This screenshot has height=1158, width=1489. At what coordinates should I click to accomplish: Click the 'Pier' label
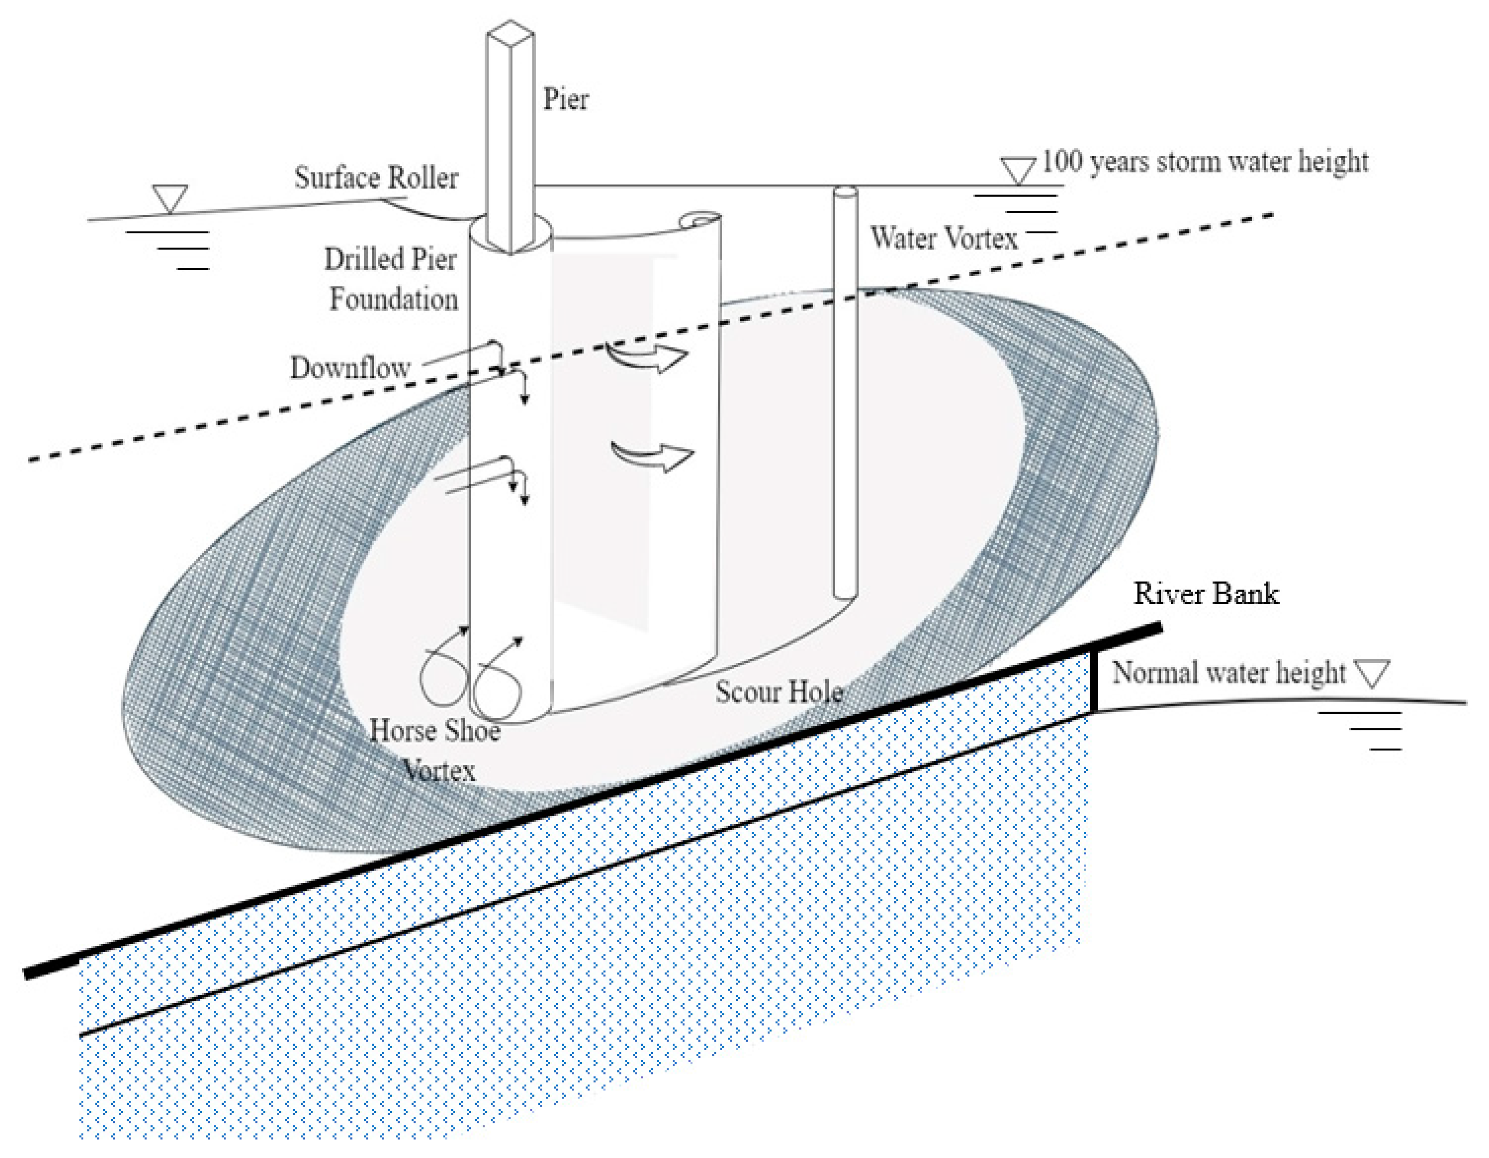click(x=565, y=100)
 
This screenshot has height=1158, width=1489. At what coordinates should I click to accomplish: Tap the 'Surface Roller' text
click(x=376, y=178)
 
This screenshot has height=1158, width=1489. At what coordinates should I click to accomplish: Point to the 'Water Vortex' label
click(x=944, y=238)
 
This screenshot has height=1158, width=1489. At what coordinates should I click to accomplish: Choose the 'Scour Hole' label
click(x=778, y=692)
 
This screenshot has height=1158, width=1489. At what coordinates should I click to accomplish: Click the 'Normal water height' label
click(x=1229, y=673)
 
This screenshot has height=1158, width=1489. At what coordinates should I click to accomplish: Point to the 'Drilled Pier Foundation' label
click(x=391, y=279)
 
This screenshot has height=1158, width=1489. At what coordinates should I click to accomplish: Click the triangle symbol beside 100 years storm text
click(x=1018, y=170)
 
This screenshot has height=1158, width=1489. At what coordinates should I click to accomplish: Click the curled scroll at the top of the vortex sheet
click(x=700, y=221)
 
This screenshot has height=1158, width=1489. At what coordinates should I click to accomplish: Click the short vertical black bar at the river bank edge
click(x=1094, y=679)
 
